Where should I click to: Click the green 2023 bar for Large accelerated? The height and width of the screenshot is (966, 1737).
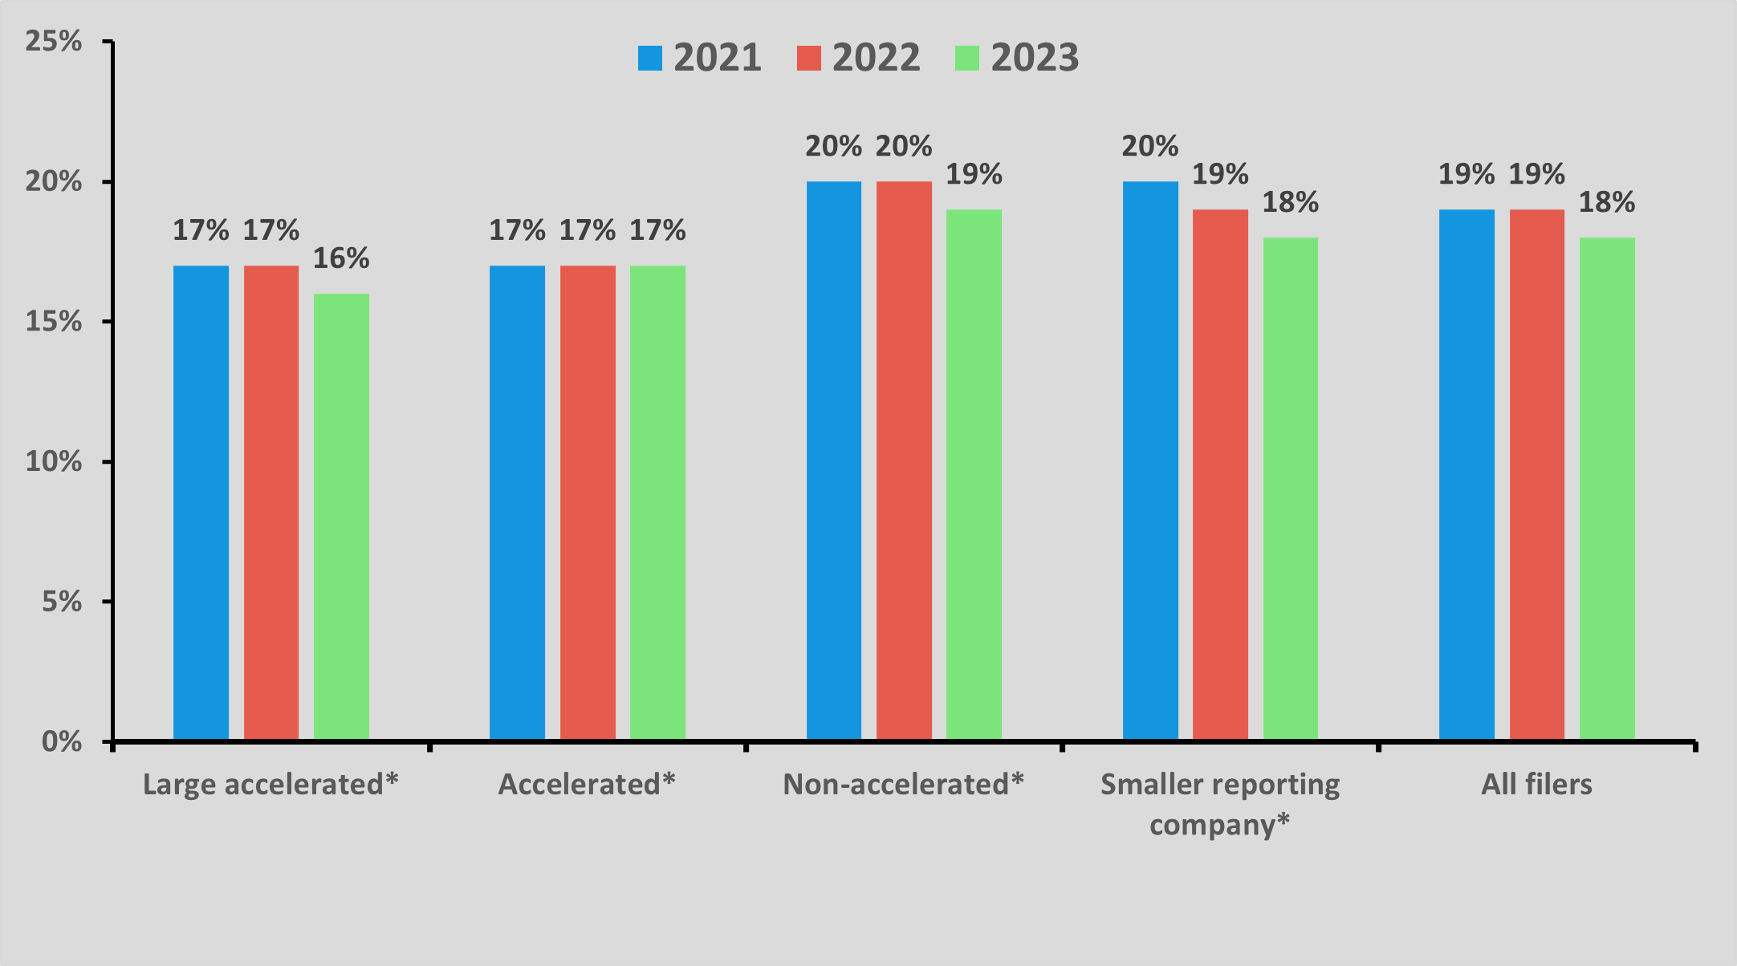click(x=341, y=517)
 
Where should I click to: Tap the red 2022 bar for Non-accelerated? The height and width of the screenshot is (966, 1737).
click(x=904, y=461)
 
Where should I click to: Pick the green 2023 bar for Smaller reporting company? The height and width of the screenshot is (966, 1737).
click(x=1290, y=489)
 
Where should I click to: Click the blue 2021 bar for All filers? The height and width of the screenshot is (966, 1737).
click(x=1466, y=474)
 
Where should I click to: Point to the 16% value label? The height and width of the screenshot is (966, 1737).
click(x=341, y=258)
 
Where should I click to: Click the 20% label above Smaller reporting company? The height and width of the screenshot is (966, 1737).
click(x=1149, y=147)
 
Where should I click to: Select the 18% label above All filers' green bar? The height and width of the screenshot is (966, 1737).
click(x=1606, y=202)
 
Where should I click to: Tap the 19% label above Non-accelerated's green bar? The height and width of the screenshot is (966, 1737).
click(x=974, y=174)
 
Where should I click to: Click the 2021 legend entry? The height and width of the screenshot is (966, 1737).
click(x=699, y=58)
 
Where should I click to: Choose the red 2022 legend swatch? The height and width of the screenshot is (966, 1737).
click(x=808, y=58)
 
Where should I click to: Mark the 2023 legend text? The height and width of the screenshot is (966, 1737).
click(x=1034, y=58)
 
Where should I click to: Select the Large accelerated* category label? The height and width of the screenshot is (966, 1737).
click(x=271, y=784)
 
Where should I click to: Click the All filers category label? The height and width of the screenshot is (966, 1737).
click(x=1536, y=784)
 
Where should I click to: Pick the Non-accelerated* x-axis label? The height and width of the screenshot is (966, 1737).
click(x=903, y=784)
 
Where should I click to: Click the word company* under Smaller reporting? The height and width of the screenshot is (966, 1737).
click(x=1219, y=824)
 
